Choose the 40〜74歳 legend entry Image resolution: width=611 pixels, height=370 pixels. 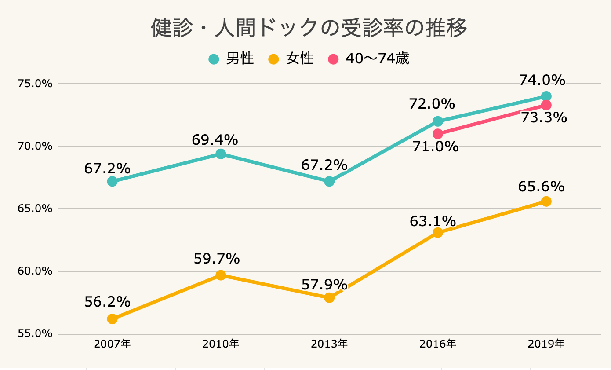[369, 59]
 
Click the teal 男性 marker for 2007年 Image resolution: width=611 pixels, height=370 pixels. [112, 181]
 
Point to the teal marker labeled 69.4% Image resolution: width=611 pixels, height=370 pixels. [221, 154]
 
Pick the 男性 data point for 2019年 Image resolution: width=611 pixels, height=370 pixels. [546, 96]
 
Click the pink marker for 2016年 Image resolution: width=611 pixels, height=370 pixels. [437, 133]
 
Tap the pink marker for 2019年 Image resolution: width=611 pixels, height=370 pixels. [546, 105]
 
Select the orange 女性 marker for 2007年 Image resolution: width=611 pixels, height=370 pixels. [112, 319]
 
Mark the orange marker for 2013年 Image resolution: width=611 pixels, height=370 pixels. [329, 297]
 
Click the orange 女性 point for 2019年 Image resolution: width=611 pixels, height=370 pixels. [546, 201]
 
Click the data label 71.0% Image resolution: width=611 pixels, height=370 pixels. [435, 147]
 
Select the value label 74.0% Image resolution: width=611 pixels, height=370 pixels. [542, 80]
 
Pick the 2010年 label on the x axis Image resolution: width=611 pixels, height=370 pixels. [221, 344]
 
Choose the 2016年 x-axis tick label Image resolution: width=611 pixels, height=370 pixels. [437, 344]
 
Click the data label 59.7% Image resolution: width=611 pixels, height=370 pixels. [217, 259]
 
